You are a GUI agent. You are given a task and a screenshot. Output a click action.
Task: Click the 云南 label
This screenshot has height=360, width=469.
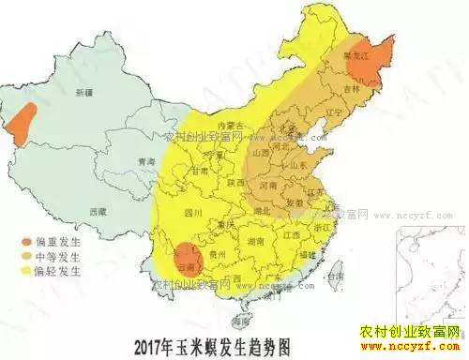click(189, 265)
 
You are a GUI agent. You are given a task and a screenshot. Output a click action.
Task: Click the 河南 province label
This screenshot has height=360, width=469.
click(268, 186)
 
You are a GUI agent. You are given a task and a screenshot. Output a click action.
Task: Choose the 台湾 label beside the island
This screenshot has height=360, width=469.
click(333, 277)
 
